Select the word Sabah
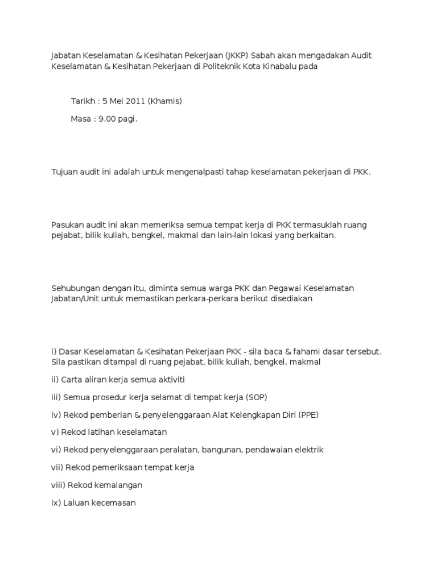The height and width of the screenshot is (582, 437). click(x=264, y=55)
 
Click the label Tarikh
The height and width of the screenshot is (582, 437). click(x=83, y=101)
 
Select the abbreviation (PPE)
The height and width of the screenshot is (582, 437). click(x=306, y=414)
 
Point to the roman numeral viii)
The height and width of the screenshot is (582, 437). click(x=58, y=485)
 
